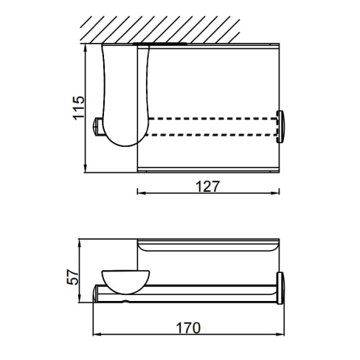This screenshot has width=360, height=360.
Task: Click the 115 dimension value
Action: tap(79, 108)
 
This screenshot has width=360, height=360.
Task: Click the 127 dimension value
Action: tap(207, 187)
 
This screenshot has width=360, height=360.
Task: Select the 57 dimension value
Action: tap(73, 277)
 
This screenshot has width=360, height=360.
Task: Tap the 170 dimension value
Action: tap(188, 328)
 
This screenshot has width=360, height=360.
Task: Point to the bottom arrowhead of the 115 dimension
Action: tap(86, 168)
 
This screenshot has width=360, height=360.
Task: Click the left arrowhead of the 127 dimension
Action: tap(142, 193)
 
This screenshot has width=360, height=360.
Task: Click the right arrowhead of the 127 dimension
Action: tap(274, 193)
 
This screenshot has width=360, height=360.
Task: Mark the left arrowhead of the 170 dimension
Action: tap(97, 334)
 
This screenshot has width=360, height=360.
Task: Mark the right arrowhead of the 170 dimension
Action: tap(280, 334)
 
